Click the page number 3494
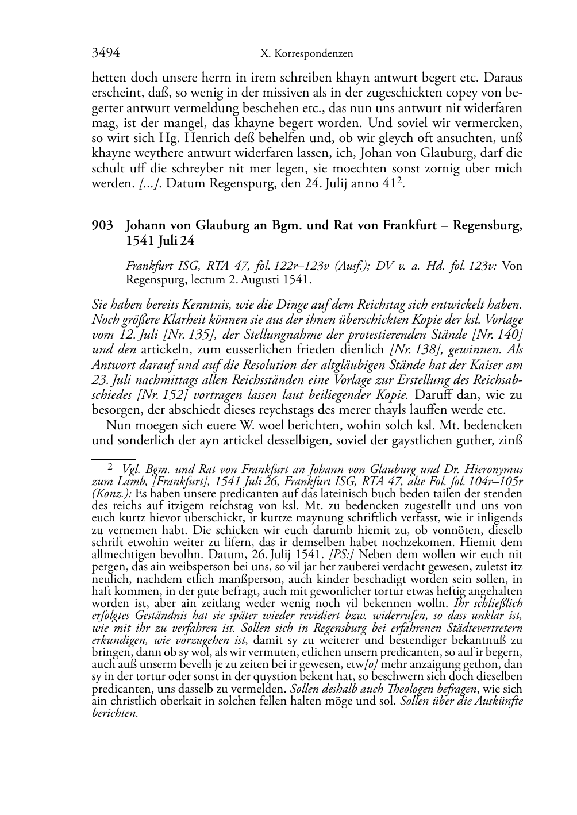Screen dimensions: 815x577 pyautogui.click(x=106, y=53)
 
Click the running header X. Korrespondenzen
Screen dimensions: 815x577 pyautogui.click(x=306, y=54)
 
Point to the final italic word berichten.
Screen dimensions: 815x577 pyautogui.click(x=115, y=713)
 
